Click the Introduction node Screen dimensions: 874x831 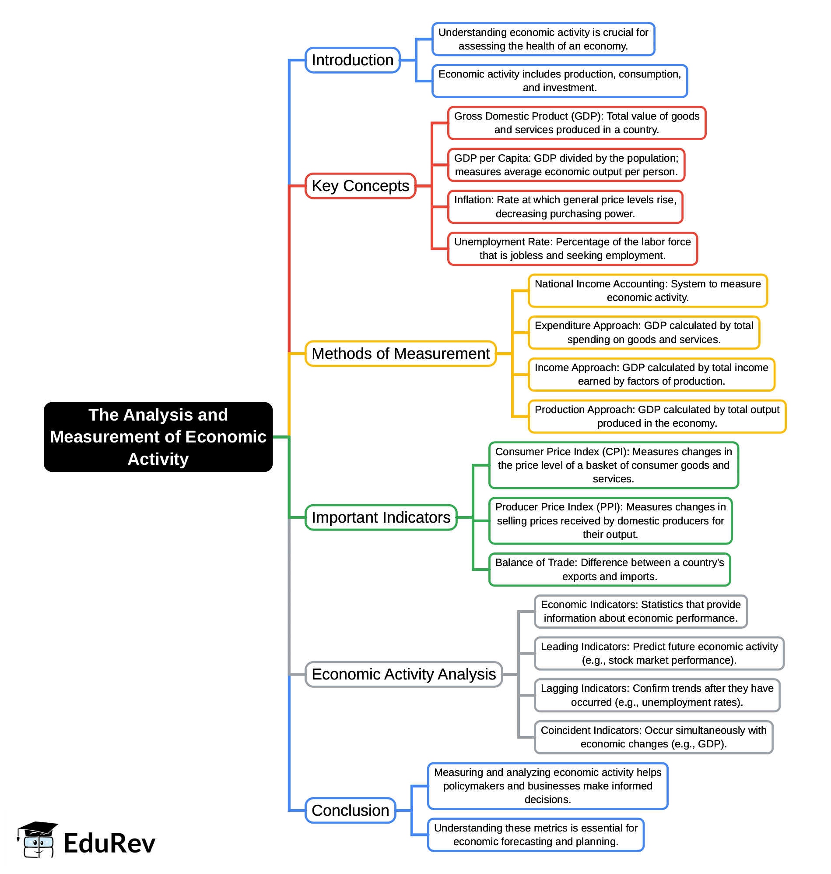pos(352,60)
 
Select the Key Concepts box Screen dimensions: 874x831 pos(360,186)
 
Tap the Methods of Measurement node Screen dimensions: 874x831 pos(400,354)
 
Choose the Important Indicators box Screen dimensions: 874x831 pos(381,517)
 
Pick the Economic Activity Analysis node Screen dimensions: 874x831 pos(403,674)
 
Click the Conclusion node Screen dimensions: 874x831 pos(350,810)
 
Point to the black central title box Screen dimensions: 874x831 pos(158,437)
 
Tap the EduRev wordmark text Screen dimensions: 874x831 pos(109,843)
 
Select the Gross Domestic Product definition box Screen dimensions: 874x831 pos(576,123)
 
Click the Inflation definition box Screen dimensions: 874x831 pos(565,207)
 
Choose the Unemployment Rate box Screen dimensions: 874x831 pos(572,249)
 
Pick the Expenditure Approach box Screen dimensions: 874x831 pos(644,333)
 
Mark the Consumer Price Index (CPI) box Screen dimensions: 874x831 pos(614,465)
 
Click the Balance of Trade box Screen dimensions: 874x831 pos(610,570)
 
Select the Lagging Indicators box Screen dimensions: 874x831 pos(657,695)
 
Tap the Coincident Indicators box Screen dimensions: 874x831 pos(653,737)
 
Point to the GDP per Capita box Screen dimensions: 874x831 pos(566,165)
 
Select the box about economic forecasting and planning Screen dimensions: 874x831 pos(536,835)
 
